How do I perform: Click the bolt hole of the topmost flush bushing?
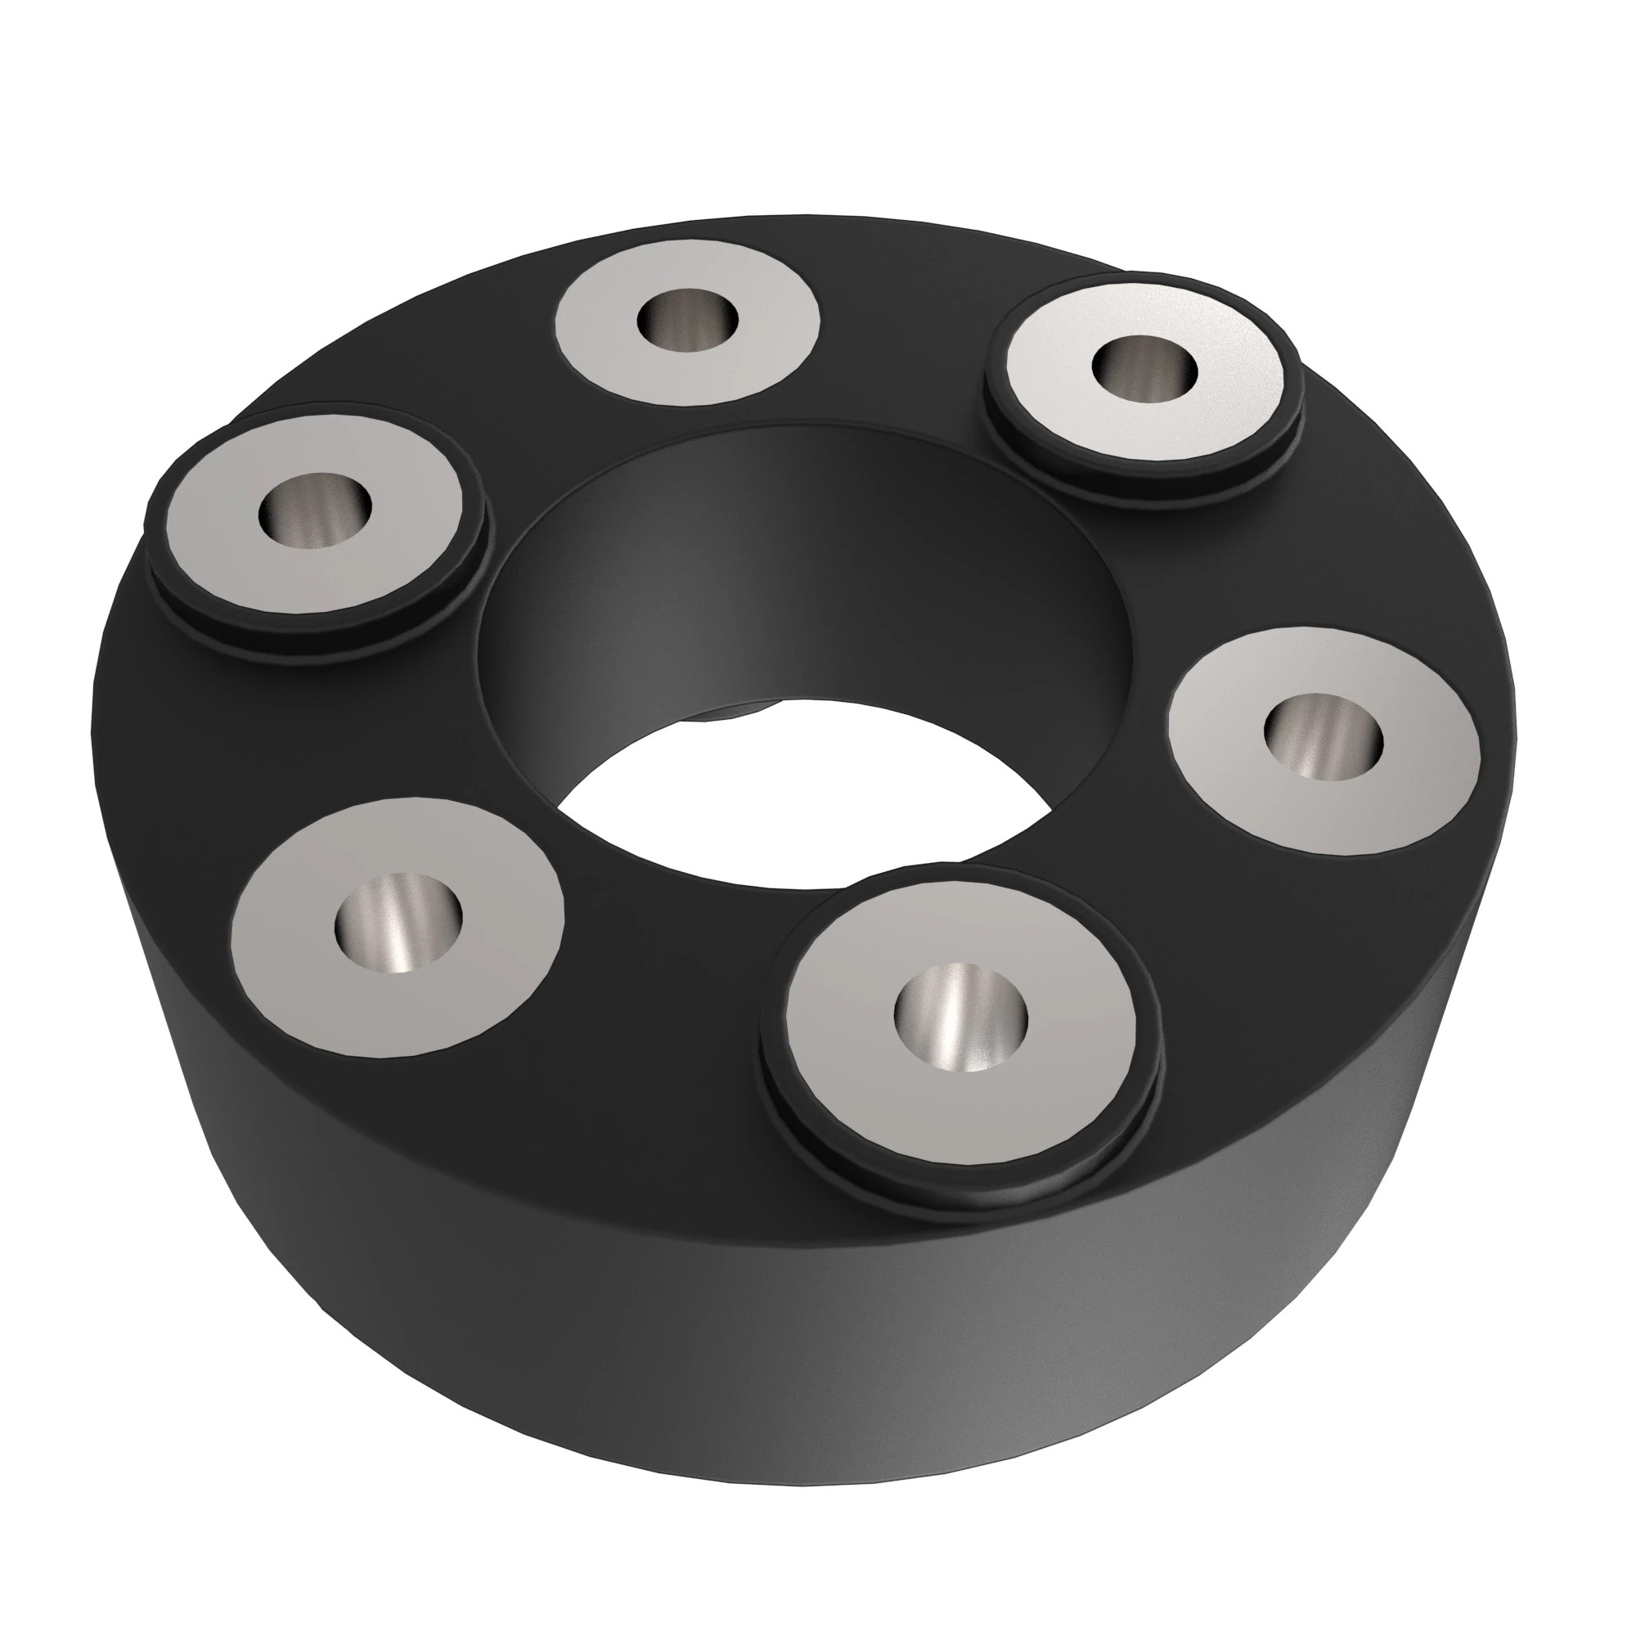[689, 319]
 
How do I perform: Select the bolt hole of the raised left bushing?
[315, 509]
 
